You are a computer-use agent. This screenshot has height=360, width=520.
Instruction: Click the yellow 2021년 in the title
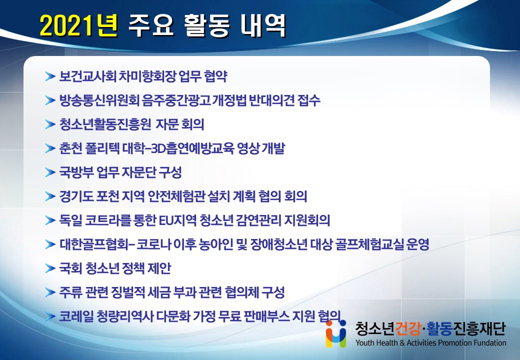(78, 25)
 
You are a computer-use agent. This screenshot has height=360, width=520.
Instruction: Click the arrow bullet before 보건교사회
(50, 76)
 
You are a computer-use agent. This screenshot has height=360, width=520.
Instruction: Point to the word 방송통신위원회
(99, 100)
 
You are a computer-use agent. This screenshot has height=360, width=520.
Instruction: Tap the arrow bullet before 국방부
(50, 172)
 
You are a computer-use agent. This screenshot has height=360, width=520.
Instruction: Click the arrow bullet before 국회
(50, 268)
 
